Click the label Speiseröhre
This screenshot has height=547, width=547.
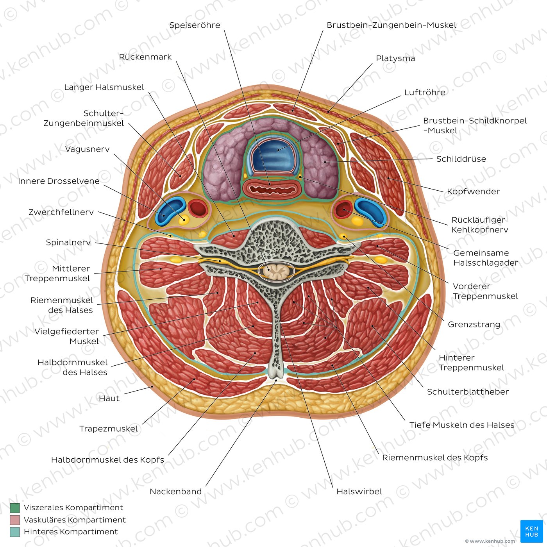tap(195, 25)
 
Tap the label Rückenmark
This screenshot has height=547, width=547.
tap(145, 57)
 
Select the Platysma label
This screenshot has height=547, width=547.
tap(395, 59)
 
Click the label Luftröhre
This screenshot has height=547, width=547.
tap(424, 93)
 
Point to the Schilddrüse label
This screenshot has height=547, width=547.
tap(461, 159)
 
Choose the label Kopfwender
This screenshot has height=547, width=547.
tap(473, 191)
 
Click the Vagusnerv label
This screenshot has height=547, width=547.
tap(87, 149)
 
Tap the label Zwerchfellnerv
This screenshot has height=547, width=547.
tap(61, 212)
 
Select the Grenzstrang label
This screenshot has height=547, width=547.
tap(474, 324)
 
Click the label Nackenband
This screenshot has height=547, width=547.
tap(175, 492)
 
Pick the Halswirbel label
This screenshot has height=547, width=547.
tap(359, 492)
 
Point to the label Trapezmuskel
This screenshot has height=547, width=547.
tap(109, 429)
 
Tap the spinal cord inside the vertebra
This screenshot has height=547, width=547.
tap(277, 270)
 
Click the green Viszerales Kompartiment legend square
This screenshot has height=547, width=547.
tap(15, 508)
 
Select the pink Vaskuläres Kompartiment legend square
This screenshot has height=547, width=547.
tap(15, 520)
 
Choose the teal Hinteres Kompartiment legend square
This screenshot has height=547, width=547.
tap(15, 532)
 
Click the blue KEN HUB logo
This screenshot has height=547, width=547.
tap(531, 531)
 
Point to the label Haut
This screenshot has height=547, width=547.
tap(109, 399)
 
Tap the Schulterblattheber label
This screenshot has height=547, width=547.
tap(468, 392)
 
